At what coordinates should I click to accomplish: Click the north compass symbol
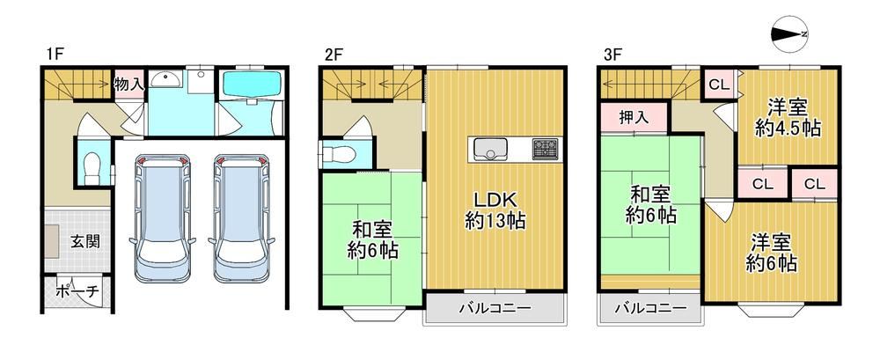pyautogui.click(x=789, y=33)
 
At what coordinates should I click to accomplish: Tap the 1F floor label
pyautogui.click(x=55, y=55)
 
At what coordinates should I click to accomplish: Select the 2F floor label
pyautogui.click(x=333, y=55)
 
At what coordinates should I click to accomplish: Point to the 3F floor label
pyautogui.click(x=612, y=55)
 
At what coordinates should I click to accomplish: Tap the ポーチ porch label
pyautogui.click(x=77, y=291)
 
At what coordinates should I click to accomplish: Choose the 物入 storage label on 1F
pyautogui.click(x=129, y=84)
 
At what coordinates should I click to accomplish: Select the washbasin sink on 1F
pyautogui.click(x=166, y=80)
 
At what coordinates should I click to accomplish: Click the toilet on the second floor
pyautogui.click(x=339, y=153)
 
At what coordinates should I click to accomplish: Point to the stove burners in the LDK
pyautogui.click(x=545, y=148)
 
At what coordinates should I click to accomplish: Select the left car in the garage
pyautogui.click(x=163, y=218)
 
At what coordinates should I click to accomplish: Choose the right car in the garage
pyautogui.click(x=241, y=218)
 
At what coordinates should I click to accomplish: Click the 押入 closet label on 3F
pyautogui.click(x=634, y=117)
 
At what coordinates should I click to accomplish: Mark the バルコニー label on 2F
pyautogui.click(x=495, y=308)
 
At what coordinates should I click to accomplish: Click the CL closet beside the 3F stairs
pyautogui.click(x=719, y=84)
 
